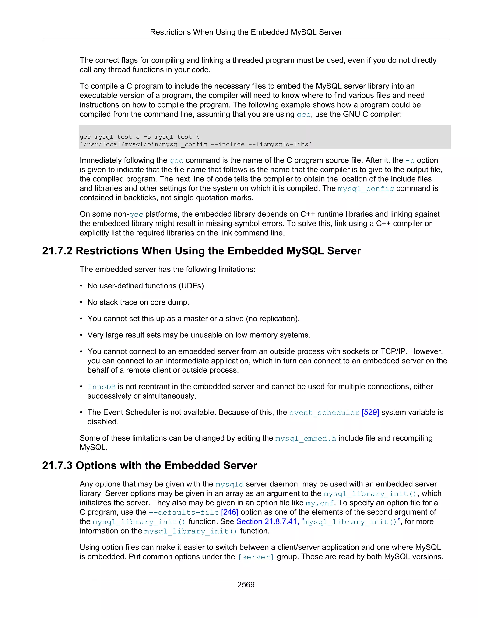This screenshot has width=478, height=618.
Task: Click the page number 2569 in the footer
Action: tap(246, 585)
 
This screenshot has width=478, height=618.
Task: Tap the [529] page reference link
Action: tap(370, 412)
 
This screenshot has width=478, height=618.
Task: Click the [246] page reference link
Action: tap(230, 512)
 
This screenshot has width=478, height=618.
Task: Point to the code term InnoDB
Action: tap(101, 387)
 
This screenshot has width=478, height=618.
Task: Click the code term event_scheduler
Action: tap(324, 413)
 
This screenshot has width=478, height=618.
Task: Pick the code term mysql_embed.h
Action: tap(306, 438)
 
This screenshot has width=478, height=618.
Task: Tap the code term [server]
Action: tap(256, 557)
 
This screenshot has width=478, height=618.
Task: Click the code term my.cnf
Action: tap(320, 503)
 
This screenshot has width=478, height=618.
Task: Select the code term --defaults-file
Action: tap(184, 512)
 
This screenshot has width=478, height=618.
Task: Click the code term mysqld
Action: tap(229, 484)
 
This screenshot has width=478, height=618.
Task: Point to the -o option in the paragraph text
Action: tap(410, 160)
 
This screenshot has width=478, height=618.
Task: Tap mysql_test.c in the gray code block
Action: tap(117, 137)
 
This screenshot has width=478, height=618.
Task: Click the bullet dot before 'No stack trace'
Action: tap(81, 302)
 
